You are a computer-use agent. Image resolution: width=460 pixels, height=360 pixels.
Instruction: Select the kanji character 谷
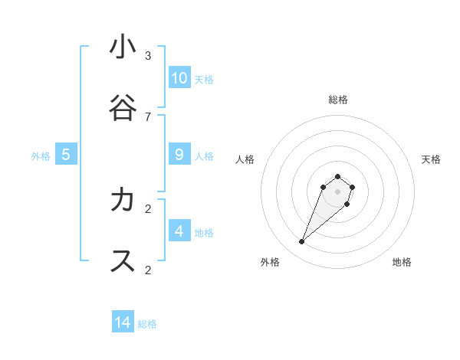tap(123, 108)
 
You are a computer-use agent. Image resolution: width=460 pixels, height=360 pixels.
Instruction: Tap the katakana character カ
tap(123, 200)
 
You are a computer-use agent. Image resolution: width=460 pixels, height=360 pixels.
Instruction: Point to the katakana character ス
tap(123, 261)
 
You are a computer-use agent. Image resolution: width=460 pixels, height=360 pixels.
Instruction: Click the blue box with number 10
tap(179, 78)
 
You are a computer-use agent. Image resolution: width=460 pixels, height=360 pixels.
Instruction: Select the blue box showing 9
tap(179, 155)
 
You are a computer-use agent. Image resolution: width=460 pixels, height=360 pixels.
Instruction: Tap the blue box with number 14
tap(123, 322)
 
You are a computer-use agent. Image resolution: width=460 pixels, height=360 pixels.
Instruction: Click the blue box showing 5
tap(66, 155)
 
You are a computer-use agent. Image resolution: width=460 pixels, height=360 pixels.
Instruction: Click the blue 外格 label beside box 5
tap(41, 156)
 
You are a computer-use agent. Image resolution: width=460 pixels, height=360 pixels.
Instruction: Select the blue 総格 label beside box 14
tap(147, 324)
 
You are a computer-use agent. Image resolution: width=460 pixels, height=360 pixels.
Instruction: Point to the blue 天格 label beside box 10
tap(204, 80)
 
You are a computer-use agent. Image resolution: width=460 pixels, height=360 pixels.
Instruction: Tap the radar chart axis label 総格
tap(337, 100)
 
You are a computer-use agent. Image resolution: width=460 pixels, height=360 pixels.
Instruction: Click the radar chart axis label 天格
tap(431, 159)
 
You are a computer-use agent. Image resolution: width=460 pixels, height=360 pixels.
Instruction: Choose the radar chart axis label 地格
tap(402, 262)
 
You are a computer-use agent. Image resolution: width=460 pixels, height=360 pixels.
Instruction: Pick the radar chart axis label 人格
tap(245, 159)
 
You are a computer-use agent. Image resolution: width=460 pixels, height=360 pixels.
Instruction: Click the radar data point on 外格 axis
tap(302, 242)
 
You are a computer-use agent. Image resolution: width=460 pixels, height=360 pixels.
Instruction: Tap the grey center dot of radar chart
tap(337, 191)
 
